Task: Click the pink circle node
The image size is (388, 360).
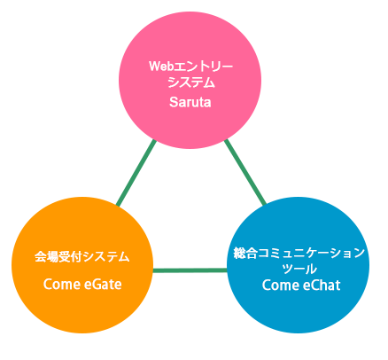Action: click(x=190, y=80)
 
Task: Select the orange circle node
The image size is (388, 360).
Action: click(x=82, y=265)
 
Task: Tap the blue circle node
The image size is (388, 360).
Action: click(x=299, y=265)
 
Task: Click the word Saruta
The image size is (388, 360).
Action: click(x=190, y=102)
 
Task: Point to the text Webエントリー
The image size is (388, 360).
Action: click(x=190, y=67)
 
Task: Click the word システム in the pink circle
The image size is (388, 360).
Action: click(x=190, y=82)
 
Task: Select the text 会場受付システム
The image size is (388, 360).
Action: click(x=82, y=256)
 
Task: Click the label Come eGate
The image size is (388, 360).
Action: click(x=82, y=285)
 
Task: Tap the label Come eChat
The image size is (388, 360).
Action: click(x=301, y=286)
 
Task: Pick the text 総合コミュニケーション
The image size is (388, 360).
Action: click(x=299, y=254)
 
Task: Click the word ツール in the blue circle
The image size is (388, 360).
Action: click(x=299, y=269)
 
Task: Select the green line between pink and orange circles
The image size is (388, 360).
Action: click(x=136, y=173)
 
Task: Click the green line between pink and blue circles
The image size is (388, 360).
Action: click(x=245, y=172)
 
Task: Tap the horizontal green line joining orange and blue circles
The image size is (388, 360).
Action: click(x=190, y=270)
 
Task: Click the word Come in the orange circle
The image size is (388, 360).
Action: click(x=62, y=285)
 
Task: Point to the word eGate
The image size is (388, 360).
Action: click(x=103, y=285)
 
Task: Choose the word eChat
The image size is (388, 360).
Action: click(x=322, y=286)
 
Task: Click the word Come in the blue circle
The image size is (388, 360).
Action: click(x=281, y=286)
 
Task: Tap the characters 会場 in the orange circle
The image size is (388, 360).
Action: click(x=47, y=256)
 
